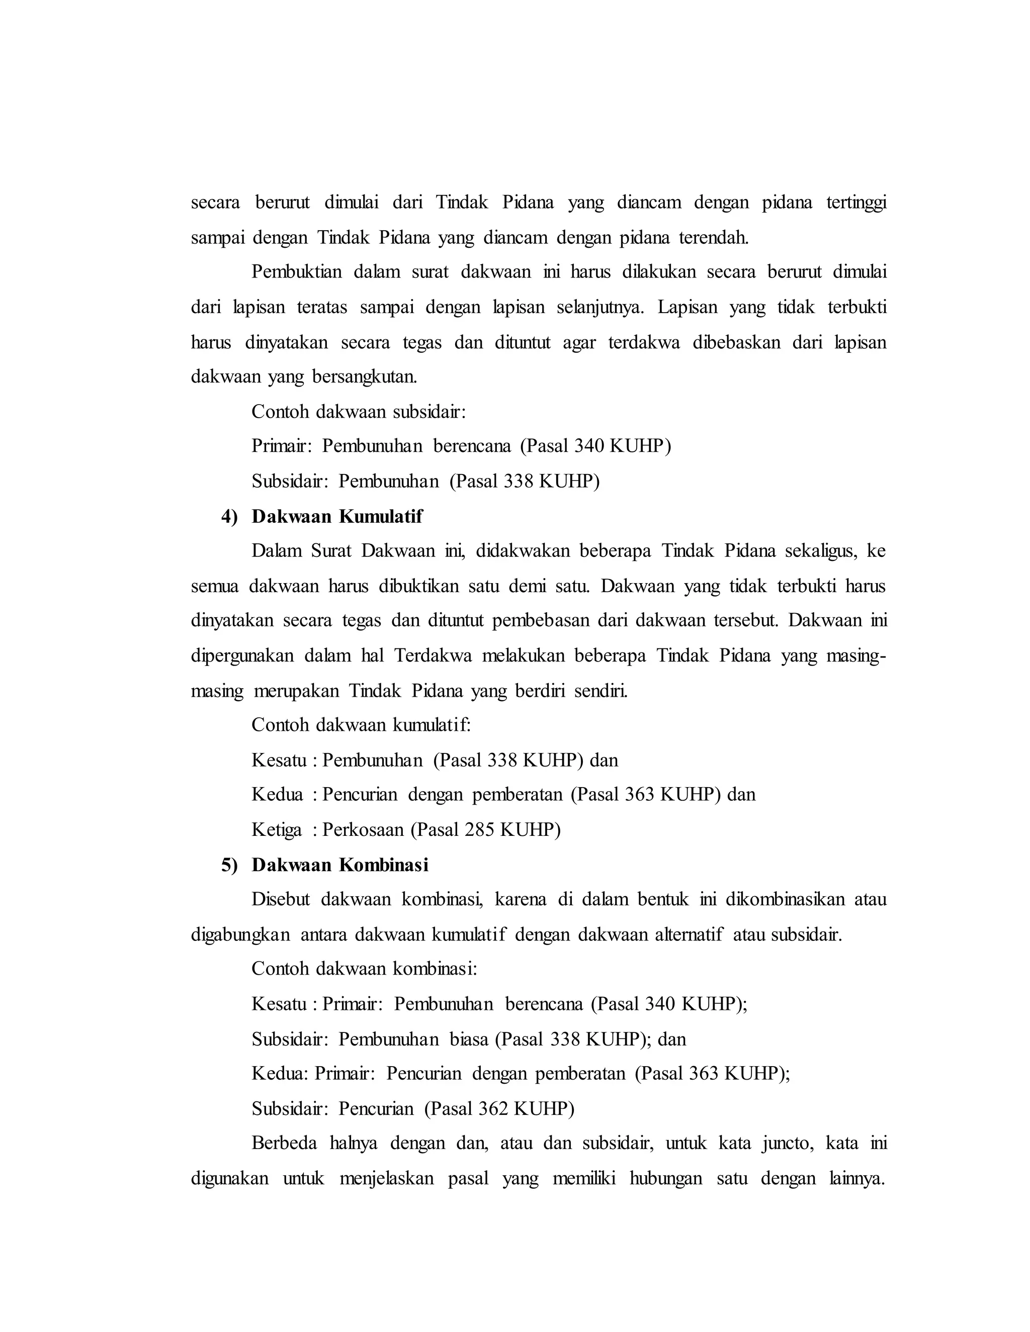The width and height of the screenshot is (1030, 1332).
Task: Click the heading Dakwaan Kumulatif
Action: (x=337, y=517)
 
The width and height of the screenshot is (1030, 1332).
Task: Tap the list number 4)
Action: (x=229, y=517)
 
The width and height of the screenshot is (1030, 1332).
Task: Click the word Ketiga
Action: (x=277, y=829)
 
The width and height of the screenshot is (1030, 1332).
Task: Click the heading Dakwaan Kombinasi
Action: (x=340, y=865)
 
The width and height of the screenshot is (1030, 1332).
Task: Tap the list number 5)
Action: (x=229, y=865)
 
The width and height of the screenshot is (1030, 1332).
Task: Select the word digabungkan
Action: (x=240, y=934)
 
